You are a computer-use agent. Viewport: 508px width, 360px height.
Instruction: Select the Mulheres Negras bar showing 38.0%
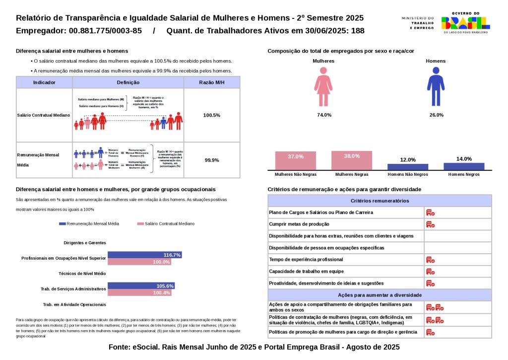pos(352,160)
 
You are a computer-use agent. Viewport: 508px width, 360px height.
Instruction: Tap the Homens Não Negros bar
pos(408,167)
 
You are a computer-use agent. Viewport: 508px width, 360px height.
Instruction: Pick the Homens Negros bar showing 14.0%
pos(464,166)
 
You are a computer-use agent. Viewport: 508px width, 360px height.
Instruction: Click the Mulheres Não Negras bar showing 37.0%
pos(296,161)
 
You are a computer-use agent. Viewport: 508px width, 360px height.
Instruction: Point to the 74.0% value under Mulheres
pos(324,115)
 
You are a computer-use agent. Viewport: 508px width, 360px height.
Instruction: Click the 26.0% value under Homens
pos(436,115)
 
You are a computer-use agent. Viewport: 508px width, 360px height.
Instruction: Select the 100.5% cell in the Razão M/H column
pos(212,115)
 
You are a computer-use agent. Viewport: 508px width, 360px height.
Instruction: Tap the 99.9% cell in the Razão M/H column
pos(212,160)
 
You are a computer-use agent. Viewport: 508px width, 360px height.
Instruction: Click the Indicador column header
pos(44,82)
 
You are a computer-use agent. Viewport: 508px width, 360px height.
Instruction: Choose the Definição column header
pos(128,82)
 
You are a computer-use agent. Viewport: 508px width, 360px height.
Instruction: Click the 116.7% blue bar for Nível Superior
pos(144,255)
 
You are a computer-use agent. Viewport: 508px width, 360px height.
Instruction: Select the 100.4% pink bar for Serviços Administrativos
pos(139,292)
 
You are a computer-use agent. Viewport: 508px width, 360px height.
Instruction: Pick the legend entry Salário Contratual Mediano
pos(166,224)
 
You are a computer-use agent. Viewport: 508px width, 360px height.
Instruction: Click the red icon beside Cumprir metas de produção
pos(430,224)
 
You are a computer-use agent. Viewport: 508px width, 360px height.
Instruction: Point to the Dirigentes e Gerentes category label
pos(85,243)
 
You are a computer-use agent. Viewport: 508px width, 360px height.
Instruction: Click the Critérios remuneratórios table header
pos(380,201)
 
